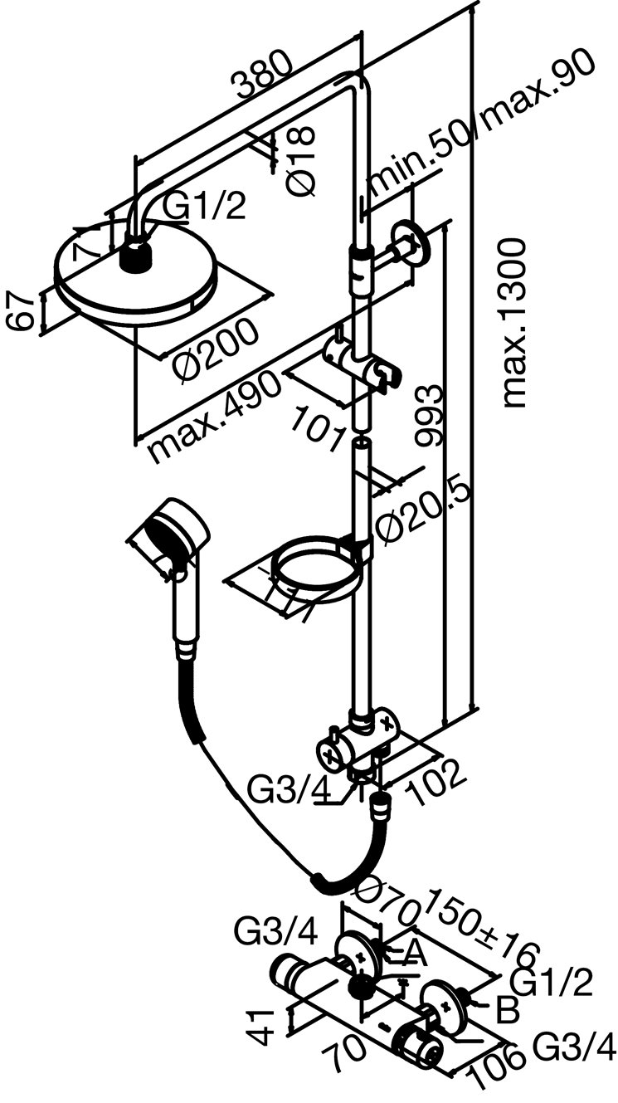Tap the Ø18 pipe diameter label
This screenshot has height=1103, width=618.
pyautogui.click(x=304, y=159)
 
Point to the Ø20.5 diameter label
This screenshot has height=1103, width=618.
pyautogui.click(x=424, y=514)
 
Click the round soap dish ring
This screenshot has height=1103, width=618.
pyautogui.click(x=314, y=565)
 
